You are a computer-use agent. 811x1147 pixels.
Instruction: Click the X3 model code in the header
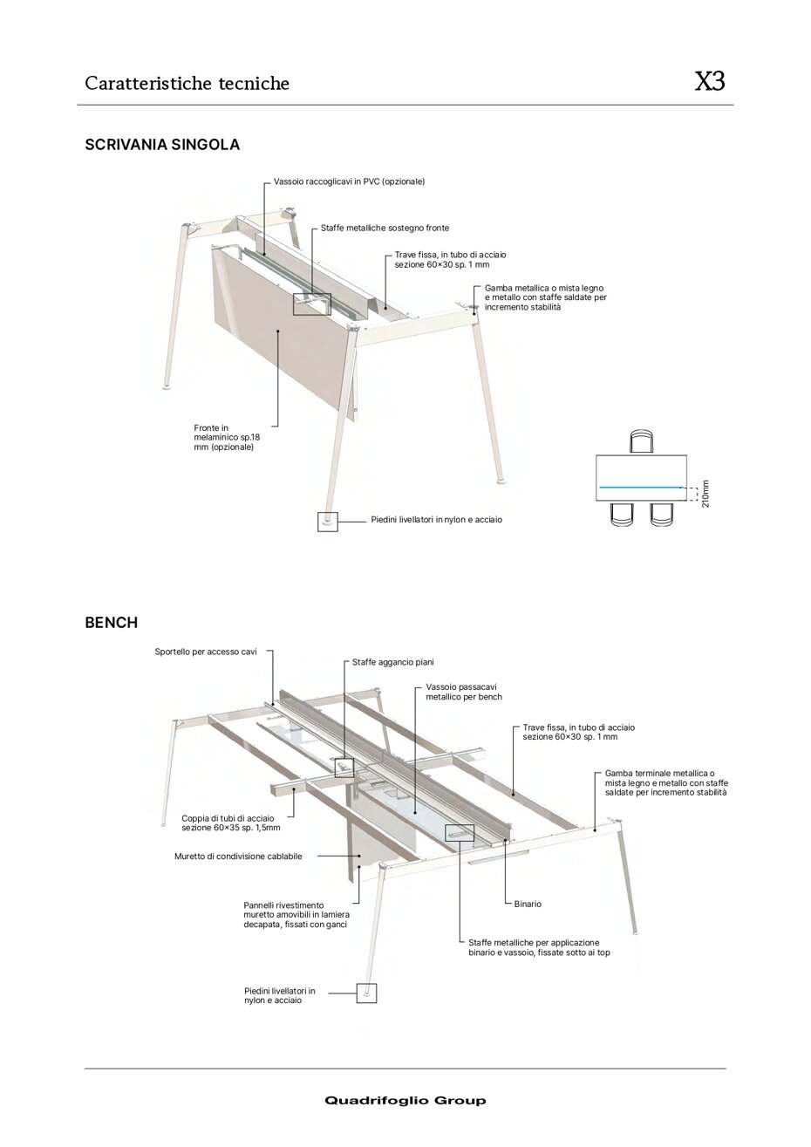(709, 82)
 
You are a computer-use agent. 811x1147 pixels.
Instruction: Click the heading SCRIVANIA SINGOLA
(162, 145)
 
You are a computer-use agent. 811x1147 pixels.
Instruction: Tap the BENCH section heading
(111, 623)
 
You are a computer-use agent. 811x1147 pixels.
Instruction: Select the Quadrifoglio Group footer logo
(405, 1101)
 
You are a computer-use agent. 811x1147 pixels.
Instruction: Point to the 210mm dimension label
(705, 493)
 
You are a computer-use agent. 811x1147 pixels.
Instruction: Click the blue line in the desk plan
(639, 486)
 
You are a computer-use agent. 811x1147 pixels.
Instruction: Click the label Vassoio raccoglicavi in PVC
(349, 181)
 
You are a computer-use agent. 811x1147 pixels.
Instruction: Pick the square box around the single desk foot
(327, 521)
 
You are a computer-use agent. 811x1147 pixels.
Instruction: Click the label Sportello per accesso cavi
(205, 652)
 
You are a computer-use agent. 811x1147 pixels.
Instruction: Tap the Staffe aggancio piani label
(392, 662)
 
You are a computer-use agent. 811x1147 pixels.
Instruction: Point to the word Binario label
(527, 904)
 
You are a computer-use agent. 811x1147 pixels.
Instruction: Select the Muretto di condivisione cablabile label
(238, 857)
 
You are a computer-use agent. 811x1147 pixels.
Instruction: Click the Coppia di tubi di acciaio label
(230, 823)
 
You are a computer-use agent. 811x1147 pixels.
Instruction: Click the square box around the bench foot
(366, 992)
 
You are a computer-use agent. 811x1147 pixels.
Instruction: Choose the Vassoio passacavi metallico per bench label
(464, 692)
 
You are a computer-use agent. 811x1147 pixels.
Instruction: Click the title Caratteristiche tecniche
(187, 84)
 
